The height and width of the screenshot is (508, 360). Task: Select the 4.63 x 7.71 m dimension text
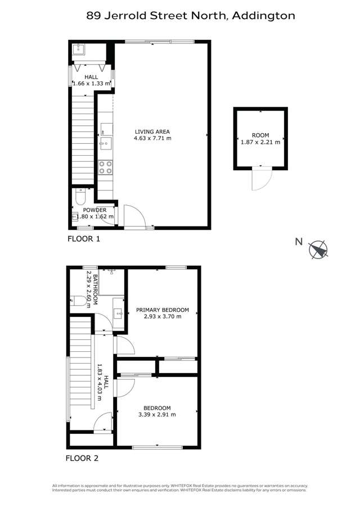click(x=152, y=138)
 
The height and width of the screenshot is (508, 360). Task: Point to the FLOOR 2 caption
click(x=83, y=458)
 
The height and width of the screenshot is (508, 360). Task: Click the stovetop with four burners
click(x=105, y=167)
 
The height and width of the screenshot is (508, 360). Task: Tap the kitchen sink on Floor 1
click(x=105, y=143)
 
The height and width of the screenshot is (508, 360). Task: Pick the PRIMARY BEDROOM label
click(x=163, y=310)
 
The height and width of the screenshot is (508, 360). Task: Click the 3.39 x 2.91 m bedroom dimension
click(x=157, y=415)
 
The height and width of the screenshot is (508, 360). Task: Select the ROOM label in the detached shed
click(x=260, y=135)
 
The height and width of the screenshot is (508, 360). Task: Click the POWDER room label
click(x=94, y=210)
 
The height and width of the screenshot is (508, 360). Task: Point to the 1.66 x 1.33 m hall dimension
click(x=91, y=84)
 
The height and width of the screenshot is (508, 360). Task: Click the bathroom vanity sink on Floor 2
click(x=118, y=313)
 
